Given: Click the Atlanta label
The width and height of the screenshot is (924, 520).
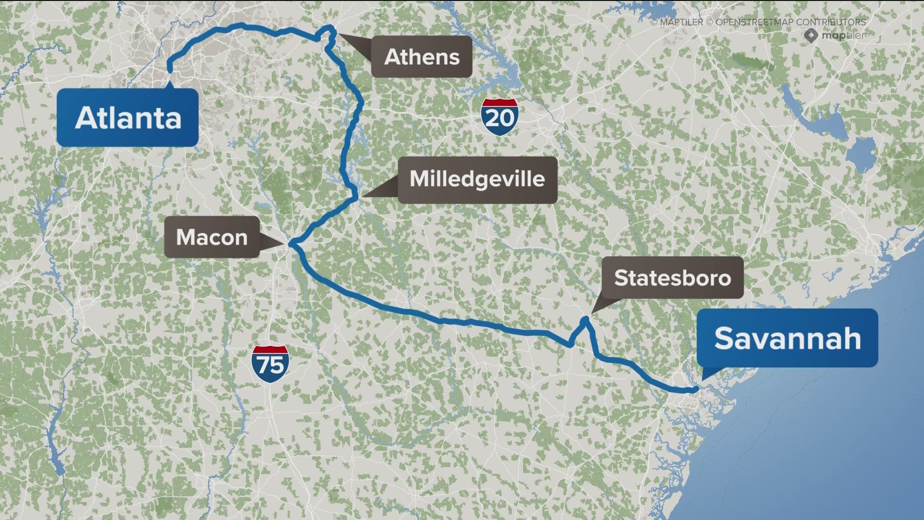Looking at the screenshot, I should point(128,117).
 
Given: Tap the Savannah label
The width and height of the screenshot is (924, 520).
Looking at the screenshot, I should point(787,338).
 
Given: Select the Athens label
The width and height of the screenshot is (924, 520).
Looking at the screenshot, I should point(422,56).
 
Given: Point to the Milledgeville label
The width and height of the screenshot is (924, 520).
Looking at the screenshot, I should point(477,179).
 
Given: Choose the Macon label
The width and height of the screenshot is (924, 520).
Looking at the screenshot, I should point(212,237).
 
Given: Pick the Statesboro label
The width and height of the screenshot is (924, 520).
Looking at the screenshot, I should point(672,278).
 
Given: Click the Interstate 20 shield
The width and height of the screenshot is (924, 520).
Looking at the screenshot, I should point(500,117).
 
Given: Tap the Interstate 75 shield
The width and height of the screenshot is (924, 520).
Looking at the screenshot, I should point(270,364).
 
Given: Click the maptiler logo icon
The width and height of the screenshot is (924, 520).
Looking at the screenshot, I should point(811,35).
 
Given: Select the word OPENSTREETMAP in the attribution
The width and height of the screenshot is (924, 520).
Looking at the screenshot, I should point(754,22).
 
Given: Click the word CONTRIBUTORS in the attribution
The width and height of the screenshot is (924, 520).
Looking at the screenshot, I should point(831,22).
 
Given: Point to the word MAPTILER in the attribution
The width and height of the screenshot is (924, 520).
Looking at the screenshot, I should point(681,22).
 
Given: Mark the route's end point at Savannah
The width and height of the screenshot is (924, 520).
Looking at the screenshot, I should point(695,389).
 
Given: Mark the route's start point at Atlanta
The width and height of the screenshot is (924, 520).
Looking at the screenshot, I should point(169,71).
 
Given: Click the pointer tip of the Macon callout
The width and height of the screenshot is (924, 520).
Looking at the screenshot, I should point(287,244).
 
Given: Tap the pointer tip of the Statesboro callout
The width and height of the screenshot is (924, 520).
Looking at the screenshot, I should point(591,313).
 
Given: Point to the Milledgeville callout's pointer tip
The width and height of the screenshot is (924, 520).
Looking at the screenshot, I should point(363,196).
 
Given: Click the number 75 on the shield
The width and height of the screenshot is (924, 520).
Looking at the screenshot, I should point(270,365).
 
